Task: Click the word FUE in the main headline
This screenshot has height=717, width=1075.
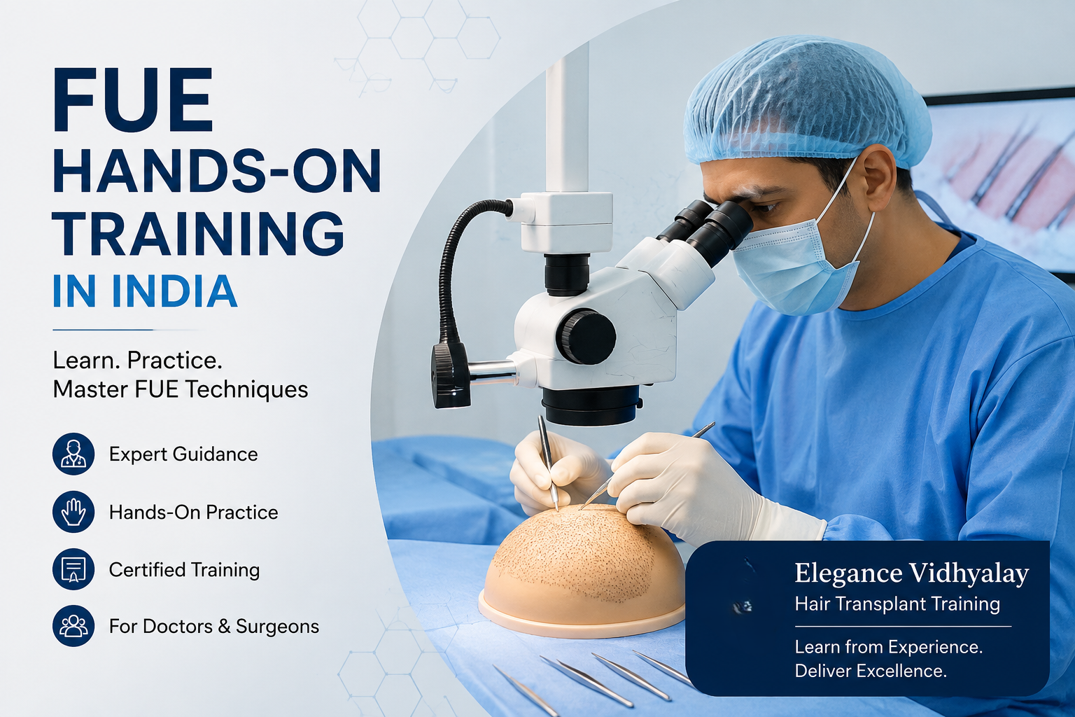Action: coord(132,100)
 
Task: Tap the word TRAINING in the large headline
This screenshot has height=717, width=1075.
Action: coord(198,234)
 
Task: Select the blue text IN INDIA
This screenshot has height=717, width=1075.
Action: coord(144,291)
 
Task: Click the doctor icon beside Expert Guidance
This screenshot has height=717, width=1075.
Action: coord(73,454)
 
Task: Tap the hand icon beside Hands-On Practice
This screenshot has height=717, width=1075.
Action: coord(73,511)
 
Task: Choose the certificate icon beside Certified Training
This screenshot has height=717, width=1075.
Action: coord(73,569)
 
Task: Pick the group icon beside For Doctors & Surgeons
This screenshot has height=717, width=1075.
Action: coord(73,626)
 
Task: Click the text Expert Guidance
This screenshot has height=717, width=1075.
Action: coord(183,454)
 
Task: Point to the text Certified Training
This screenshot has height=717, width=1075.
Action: coord(184,570)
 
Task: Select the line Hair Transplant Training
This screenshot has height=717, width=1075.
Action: coord(897,604)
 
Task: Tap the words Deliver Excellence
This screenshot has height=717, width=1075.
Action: coord(871,671)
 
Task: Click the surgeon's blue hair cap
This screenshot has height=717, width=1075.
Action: coord(806,103)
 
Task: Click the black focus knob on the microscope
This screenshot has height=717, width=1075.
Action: coord(586,337)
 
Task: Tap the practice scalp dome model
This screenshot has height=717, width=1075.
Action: coord(583,571)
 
